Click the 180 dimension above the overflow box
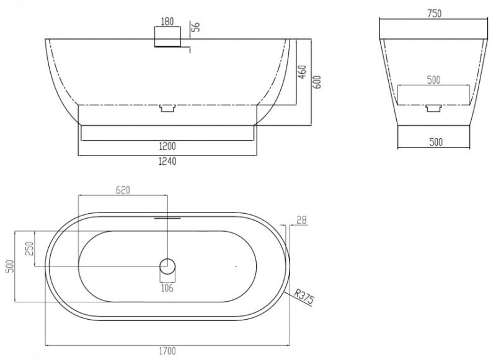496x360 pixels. pyautogui.click(x=167, y=22)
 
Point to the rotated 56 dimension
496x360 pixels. pyautogui.click(x=196, y=27)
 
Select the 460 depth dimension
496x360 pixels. pyautogui.click(x=303, y=72)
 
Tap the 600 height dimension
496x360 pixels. pyautogui.click(x=317, y=82)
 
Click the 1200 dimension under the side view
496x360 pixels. pyautogui.click(x=167, y=146)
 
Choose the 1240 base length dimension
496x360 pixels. pyautogui.click(x=167, y=161)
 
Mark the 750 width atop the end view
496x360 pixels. pyautogui.click(x=435, y=14)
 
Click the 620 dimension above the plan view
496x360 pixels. pyautogui.click(x=123, y=190)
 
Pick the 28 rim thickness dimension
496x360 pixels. pyautogui.click(x=302, y=221)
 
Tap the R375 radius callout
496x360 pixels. pyautogui.click(x=304, y=297)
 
